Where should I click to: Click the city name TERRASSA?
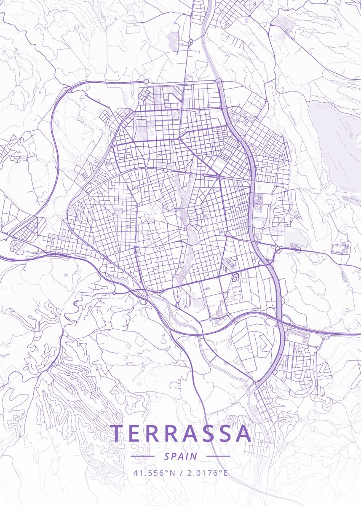click(x=181, y=434)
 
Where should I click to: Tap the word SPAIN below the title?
click(x=181, y=456)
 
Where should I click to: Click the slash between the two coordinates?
click(x=180, y=473)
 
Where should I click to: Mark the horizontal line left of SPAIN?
click(x=142, y=456)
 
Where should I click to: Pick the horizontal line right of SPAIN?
click(x=218, y=456)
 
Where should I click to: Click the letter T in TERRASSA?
click(x=118, y=434)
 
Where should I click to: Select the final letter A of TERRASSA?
click(x=243, y=434)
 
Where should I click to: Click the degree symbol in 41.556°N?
click(x=166, y=471)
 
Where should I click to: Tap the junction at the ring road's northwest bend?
click(x=68, y=88)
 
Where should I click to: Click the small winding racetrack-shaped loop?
click(x=236, y=277)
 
